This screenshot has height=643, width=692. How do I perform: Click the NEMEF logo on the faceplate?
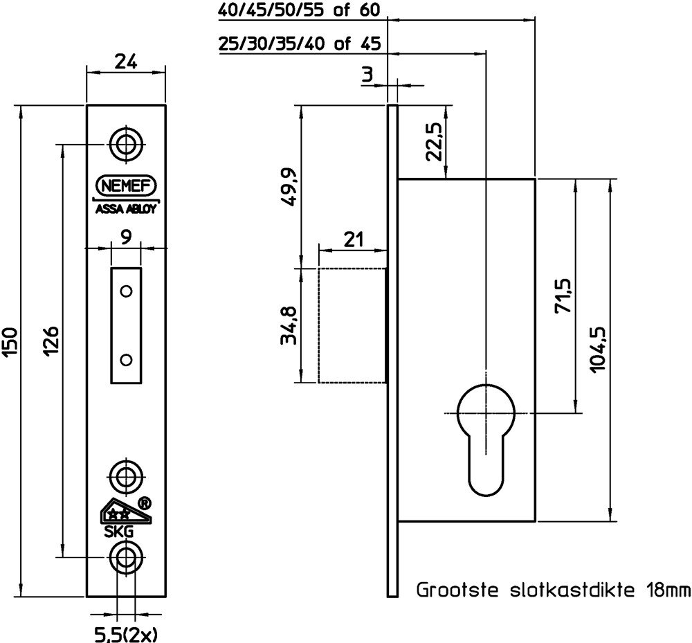pyautogui.click(x=126, y=185)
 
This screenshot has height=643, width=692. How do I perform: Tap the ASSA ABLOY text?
pyautogui.click(x=126, y=209)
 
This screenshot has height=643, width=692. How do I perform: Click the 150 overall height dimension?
pyautogui.click(x=10, y=342)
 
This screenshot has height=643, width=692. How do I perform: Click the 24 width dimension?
pyautogui.click(x=126, y=62)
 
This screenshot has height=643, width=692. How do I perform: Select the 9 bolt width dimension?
pyautogui.click(x=126, y=238)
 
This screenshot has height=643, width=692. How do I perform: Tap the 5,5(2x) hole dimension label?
pyautogui.click(x=126, y=635)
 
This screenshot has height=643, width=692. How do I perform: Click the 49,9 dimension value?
pyautogui.click(x=289, y=187)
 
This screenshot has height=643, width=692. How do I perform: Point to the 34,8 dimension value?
pyautogui.click(x=289, y=325)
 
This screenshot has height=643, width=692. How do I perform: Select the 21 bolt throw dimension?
pyautogui.click(x=354, y=239)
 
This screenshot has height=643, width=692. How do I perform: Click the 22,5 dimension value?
pyautogui.click(x=433, y=141)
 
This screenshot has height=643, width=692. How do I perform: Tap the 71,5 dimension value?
pyautogui.click(x=563, y=296)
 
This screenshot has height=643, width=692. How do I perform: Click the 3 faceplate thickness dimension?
pyautogui.click(x=367, y=75)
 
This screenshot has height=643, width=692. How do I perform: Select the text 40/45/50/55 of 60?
pyautogui.click(x=299, y=10)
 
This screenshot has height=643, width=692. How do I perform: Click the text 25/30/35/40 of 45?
pyautogui.click(x=299, y=44)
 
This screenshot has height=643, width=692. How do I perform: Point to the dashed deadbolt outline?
pyautogui.click(x=318, y=325)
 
